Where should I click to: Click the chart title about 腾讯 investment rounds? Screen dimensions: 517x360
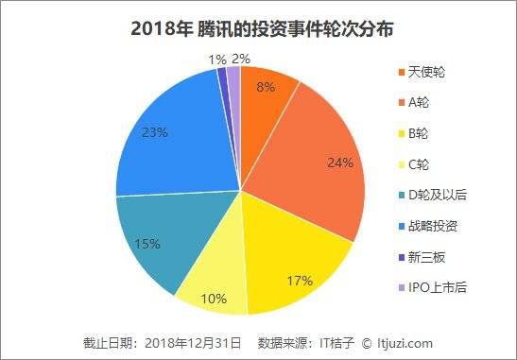coord(262,29)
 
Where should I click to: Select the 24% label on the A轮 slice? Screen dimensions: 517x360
coord(340,163)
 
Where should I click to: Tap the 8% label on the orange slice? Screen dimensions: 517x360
coord(266,87)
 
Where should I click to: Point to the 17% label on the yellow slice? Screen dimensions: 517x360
coord(300,281)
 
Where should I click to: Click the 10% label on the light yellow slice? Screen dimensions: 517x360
coord(214,299)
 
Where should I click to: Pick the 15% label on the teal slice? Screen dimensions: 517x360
coord(147,244)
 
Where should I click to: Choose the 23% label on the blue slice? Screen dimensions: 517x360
coord(155,132)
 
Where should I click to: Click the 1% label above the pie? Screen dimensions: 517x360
coord(217,60)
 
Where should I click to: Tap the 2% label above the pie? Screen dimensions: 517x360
coord(241,59)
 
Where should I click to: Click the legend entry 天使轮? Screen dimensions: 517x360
coord(422,72)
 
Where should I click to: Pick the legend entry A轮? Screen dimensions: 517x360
coord(414,103)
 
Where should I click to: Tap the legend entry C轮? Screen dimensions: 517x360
coord(414,164)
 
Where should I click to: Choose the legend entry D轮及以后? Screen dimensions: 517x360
coord(433,196)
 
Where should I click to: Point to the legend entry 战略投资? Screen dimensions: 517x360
coord(428,226)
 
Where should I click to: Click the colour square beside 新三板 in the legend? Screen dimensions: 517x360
coord(402,257)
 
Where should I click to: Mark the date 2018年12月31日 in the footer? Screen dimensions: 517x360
coord(193,343)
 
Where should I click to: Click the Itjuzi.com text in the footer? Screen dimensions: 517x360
coord(405,343)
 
